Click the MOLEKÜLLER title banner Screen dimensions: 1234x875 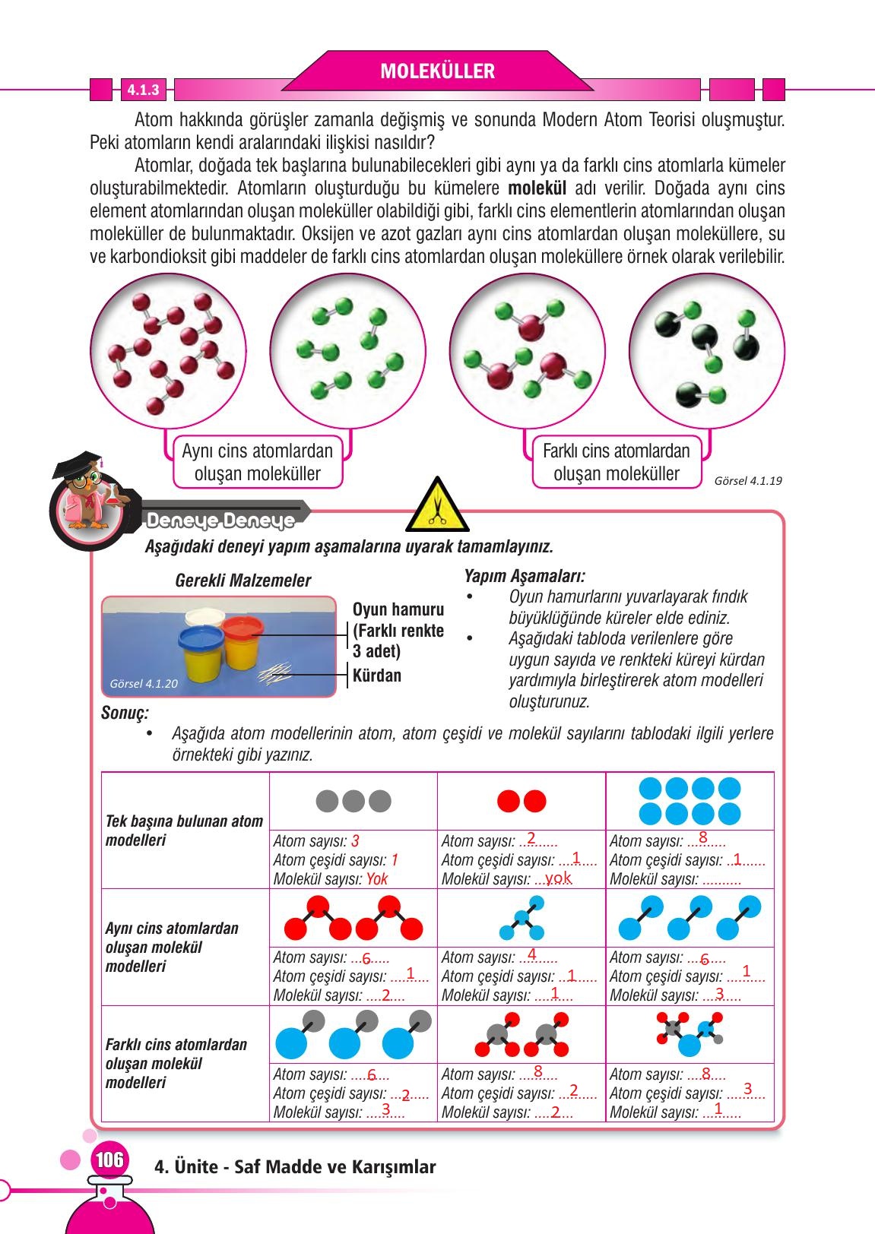point(437,71)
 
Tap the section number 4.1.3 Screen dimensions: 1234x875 point(143,90)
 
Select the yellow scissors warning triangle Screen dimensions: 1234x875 point(436,505)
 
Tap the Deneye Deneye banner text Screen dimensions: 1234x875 point(220,521)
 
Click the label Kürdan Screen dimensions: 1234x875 point(377,676)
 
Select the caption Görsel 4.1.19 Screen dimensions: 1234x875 point(748,480)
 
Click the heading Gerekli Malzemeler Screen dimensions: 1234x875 point(243,581)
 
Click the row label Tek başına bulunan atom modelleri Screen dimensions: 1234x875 point(184,831)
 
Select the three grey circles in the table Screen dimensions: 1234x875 point(353,801)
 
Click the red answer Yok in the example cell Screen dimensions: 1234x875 point(377,880)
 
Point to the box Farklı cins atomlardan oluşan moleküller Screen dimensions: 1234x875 point(616,462)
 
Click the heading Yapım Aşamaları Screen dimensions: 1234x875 point(525,577)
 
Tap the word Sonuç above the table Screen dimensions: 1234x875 point(125,714)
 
